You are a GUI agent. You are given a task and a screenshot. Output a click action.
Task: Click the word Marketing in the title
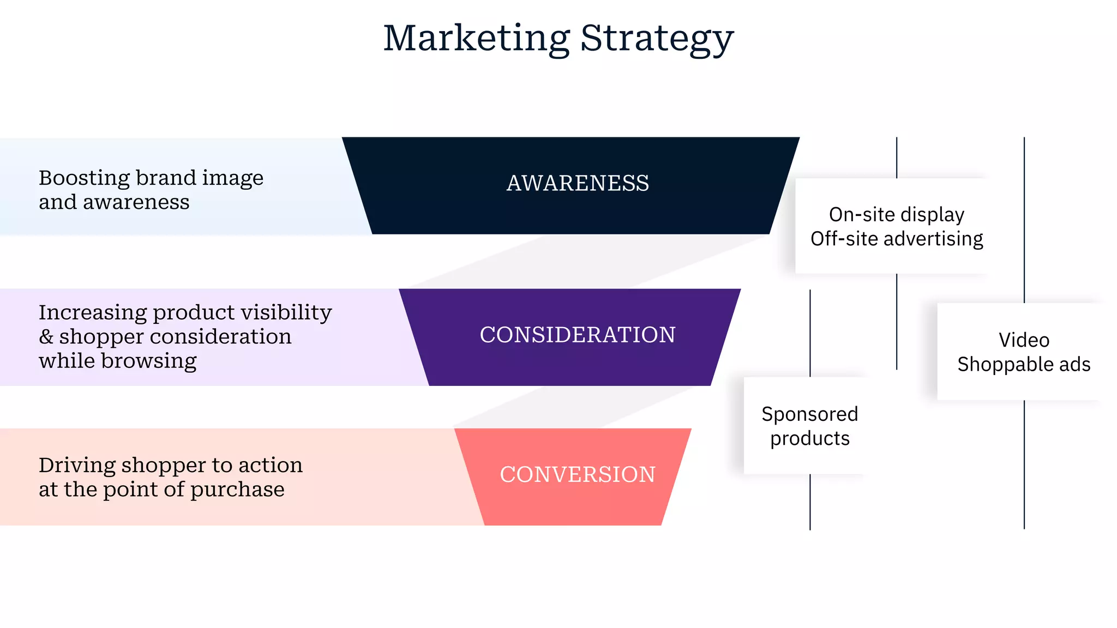pyautogui.click(x=476, y=38)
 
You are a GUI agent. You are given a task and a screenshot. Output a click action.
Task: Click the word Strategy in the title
pyautogui.click(x=657, y=39)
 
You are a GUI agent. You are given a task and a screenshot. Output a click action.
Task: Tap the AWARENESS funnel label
pyautogui.click(x=578, y=183)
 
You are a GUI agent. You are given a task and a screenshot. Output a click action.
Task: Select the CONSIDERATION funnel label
pyautogui.click(x=578, y=335)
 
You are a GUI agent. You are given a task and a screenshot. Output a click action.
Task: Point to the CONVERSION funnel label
pyautogui.click(x=578, y=474)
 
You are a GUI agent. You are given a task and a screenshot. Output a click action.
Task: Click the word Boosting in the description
pyautogui.click(x=83, y=178)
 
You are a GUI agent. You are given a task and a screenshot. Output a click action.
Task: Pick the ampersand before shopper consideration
pyautogui.click(x=46, y=337)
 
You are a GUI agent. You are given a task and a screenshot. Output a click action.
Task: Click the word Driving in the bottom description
pyautogui.click(x=76, y=465)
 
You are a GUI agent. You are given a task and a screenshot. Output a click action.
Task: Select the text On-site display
pyautogui.click(x=896, y=215)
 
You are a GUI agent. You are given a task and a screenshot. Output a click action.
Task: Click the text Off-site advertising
pyautogui.click(x=896, y=239)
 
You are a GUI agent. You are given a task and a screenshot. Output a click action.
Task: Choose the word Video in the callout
pyautogui.click(x=1024, y=340)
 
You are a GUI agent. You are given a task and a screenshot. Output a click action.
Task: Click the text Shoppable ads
pyautogui.click(x=1024, y=364)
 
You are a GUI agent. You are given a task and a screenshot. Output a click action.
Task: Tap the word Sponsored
pyautogui.click(x=809, y=414)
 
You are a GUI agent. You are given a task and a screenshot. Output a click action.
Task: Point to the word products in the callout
pyautogui.click(x=809, y=438)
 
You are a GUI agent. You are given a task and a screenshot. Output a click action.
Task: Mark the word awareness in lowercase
pyautogui.click(x=136, y=202)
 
